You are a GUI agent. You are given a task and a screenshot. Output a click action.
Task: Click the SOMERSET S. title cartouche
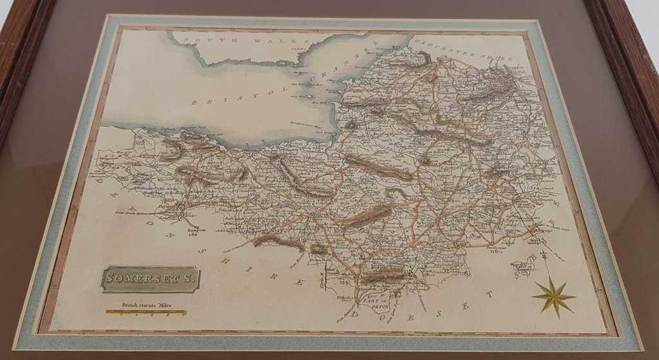tap(151, 279)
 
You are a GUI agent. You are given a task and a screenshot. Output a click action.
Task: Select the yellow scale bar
tap(146, 313)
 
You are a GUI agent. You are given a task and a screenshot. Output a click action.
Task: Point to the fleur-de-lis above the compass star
tap(544, 255)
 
